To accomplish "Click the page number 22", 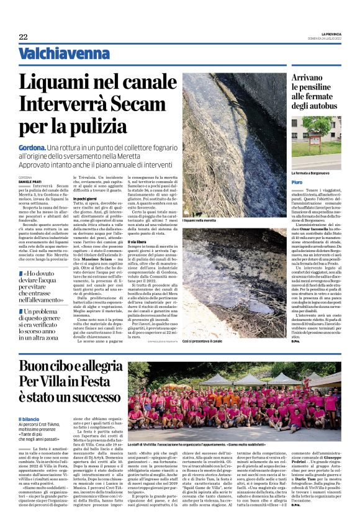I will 23,37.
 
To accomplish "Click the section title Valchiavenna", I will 55,55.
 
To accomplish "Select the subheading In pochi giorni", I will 86,197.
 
